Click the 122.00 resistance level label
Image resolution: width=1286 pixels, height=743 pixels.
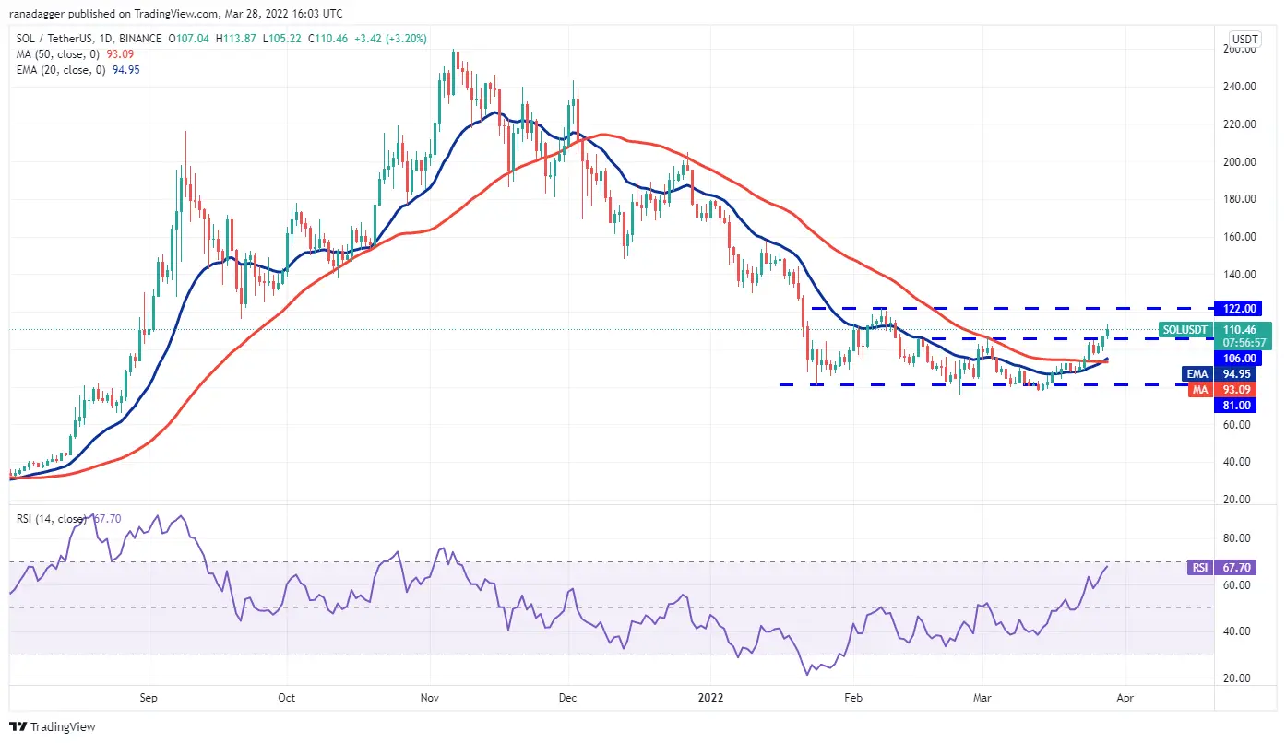[x=1238, y=308]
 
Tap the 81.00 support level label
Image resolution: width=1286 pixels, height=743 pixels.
[x=1237, y=405]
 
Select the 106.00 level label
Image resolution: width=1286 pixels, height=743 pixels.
[x=1240, y=358]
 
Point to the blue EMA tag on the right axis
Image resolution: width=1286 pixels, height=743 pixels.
[x=1197, y=374]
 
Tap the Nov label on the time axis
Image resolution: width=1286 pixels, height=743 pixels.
[x=429, y=698]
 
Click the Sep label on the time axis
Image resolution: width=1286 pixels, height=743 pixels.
[x=149, y=698]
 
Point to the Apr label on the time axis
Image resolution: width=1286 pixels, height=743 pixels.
[x=1125, y=698]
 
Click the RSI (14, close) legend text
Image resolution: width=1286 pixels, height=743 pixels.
[x=51, y=518]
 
